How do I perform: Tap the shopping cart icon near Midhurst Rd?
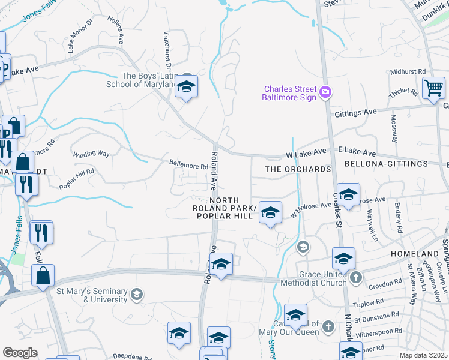click(433, 88)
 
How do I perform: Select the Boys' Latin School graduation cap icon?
click(187, 87)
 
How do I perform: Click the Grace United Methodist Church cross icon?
click(356, 277)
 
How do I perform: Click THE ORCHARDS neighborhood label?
click(298, 169)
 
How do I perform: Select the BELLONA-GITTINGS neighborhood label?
click(386, 164)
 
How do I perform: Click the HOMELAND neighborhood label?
click(415, 254)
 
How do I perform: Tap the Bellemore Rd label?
click(188, 164)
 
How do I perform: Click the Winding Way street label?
click(91, 154)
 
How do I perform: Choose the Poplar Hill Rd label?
click(77, 179)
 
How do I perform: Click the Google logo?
click(20, 353)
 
